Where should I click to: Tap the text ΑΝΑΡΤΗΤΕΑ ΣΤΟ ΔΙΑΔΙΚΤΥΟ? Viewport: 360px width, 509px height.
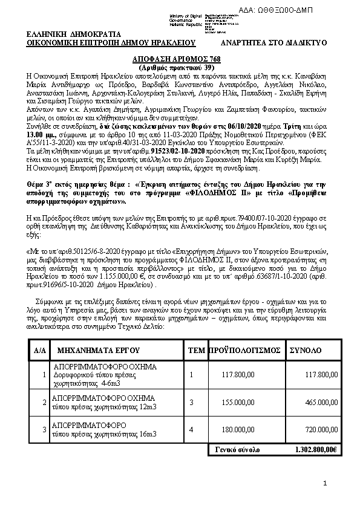pyautogui.click(x=273, y=43)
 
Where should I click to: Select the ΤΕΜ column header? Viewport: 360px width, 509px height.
pyautogui.click(x=197, y=350)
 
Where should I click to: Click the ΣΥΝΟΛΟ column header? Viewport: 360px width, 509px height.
pyautogui.click(x=306, y=350)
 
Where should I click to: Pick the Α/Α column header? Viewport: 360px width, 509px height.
pyautogui.click(x=40, y=350)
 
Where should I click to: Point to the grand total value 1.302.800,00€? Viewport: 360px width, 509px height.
pyautogui.click(x=316, y=450)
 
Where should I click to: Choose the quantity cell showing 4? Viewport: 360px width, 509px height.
pyautogui.click(x=192, y=429)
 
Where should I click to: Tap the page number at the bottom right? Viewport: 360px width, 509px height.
pyautogui.click(x=325, y=483)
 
